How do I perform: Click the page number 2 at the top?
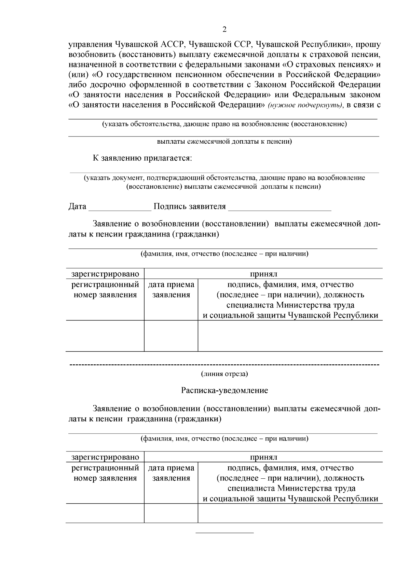pyautogui.click(x=224, y=29)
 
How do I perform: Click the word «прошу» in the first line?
pyautogui.click(x=370, y=44)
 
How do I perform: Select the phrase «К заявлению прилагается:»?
pyautogui.click(x=142, y=158)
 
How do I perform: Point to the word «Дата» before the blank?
pyautogui.click(x=77, y=206)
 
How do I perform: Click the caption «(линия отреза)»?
pyautogui.click(x=224, y=374)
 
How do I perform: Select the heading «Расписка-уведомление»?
pyautogui.click(x=224, y=391)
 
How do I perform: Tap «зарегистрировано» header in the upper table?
pyautogui.click(x=105, y=274)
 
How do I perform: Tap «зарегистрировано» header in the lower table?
pyautogui.click(x=105, y=457)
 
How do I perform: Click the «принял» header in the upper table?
pyautogui.click(x=263, y=274)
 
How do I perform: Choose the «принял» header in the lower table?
pyautogui.click(x=263, y=457)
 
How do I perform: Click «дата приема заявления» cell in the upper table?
pyautogui.click(x=171, y=290)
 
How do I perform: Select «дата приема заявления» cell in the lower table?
pyautogui.click(x=171, y=473)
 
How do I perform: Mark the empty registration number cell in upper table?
pyautogui.click(x=105, y=336)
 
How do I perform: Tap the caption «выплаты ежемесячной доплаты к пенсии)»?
pyautogui.click(x=224, y=142)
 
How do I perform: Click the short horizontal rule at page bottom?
pyautogui.click(x=224, y=532)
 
